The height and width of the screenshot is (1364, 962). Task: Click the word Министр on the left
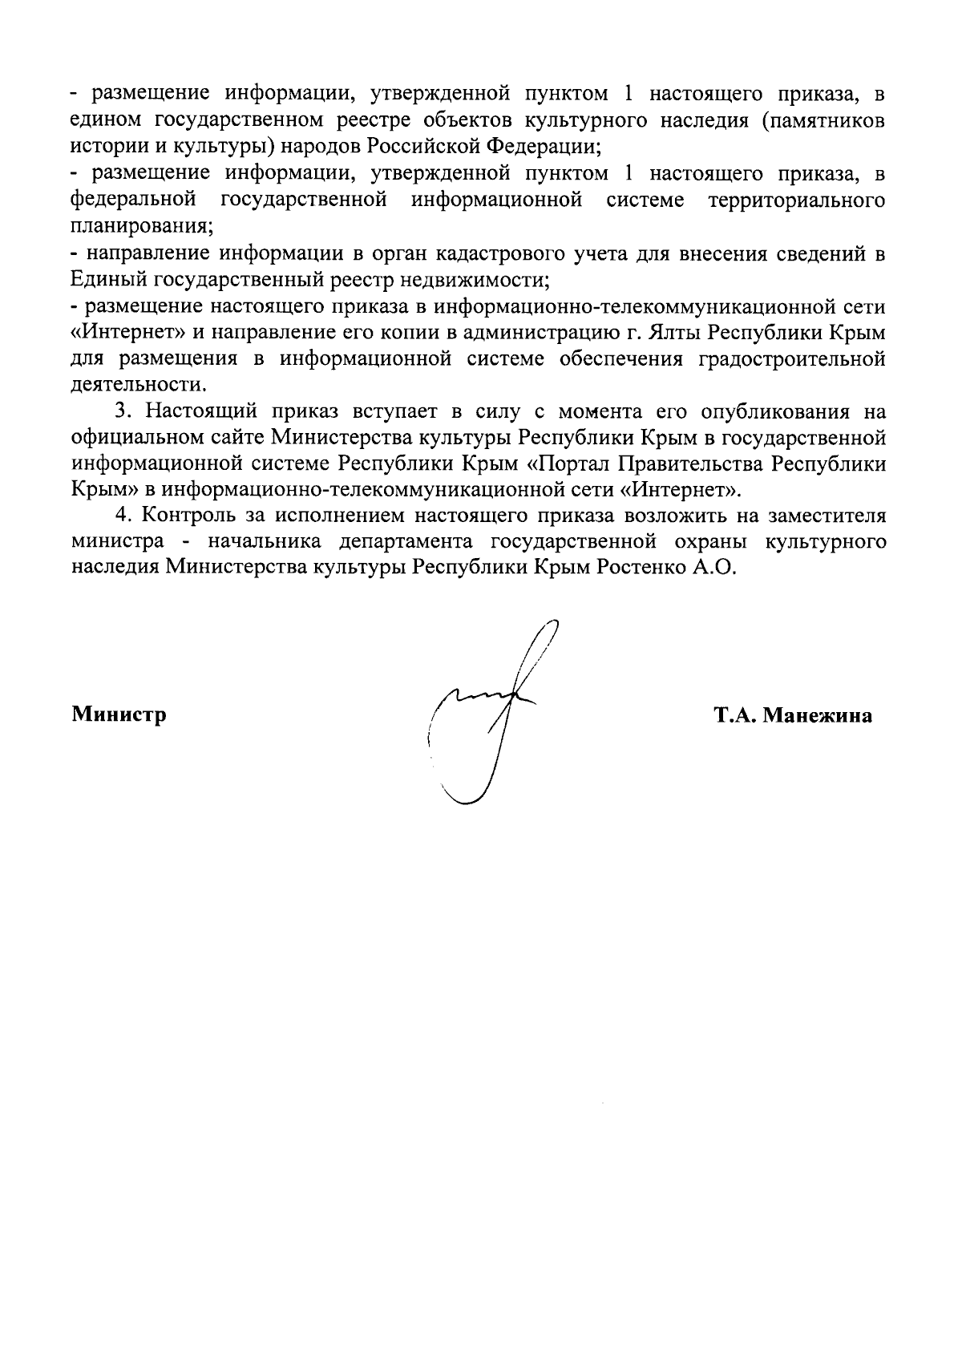point(119,714)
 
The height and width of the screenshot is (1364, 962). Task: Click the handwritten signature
point(489,714)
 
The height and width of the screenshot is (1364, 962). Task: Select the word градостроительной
point(792,358)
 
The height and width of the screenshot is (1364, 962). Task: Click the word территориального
point(797,200)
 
